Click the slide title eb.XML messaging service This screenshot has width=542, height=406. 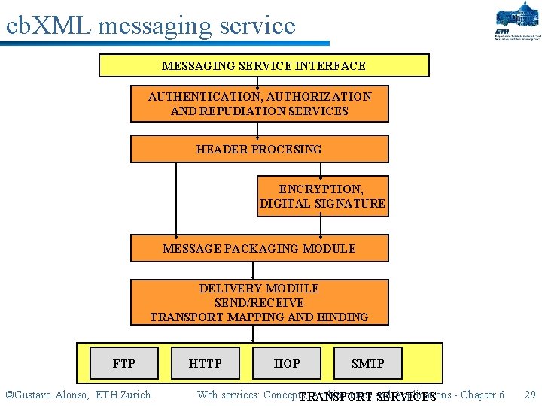point(151,26)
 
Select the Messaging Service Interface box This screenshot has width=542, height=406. point(263,65)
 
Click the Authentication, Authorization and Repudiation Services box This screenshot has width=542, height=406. point(259,104)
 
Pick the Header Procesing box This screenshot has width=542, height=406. point(259,149)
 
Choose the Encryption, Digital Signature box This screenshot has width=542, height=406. point(322,196)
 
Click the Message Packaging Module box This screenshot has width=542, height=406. point(259,248)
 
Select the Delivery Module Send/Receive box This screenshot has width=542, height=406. point(259,302)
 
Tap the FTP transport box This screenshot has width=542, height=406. point(123,363)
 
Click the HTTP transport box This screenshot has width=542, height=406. point(205,363)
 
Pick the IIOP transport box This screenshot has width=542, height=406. point(286,363)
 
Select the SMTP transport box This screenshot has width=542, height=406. point(367,363)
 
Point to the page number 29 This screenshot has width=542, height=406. point(529,395)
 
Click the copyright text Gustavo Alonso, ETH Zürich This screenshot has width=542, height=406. point(79,395)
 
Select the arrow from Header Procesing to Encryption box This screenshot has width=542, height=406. point(321,169)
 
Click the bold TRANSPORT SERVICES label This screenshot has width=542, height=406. point(367,397)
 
